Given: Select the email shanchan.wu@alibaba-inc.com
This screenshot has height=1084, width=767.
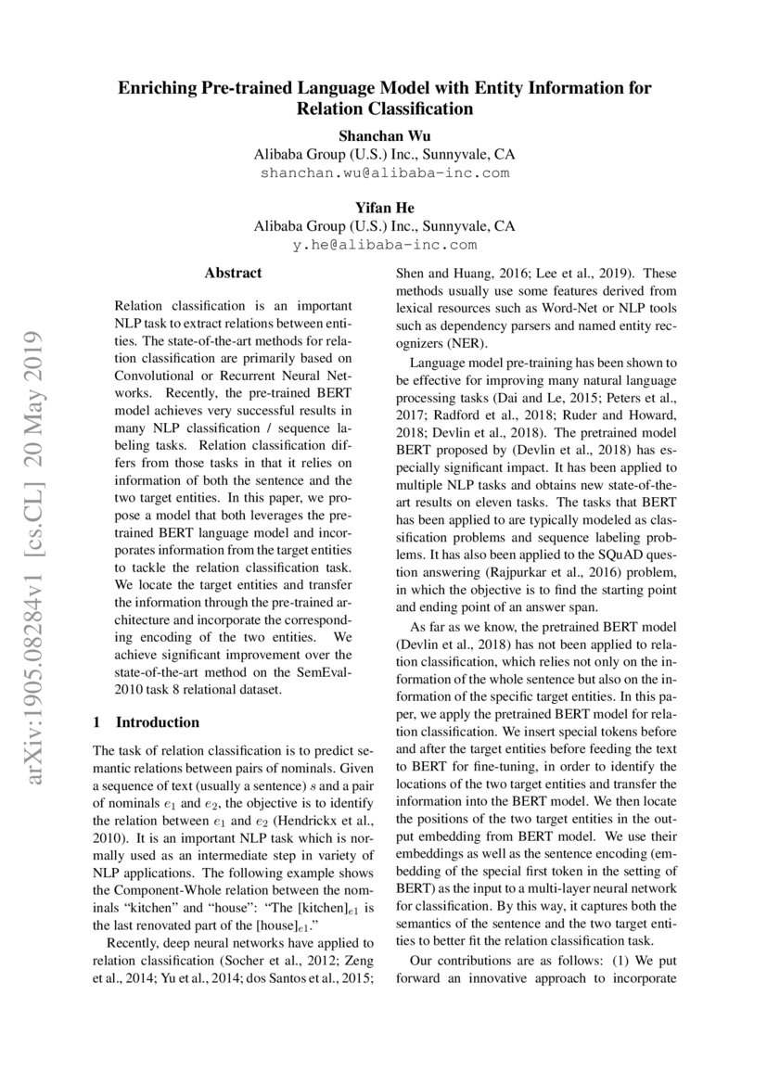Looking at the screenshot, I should (x=384, y=172).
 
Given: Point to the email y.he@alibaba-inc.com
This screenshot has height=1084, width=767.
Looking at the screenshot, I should (x=384, y=245).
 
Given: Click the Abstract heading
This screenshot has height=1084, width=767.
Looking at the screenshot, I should (x=233, y=274).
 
